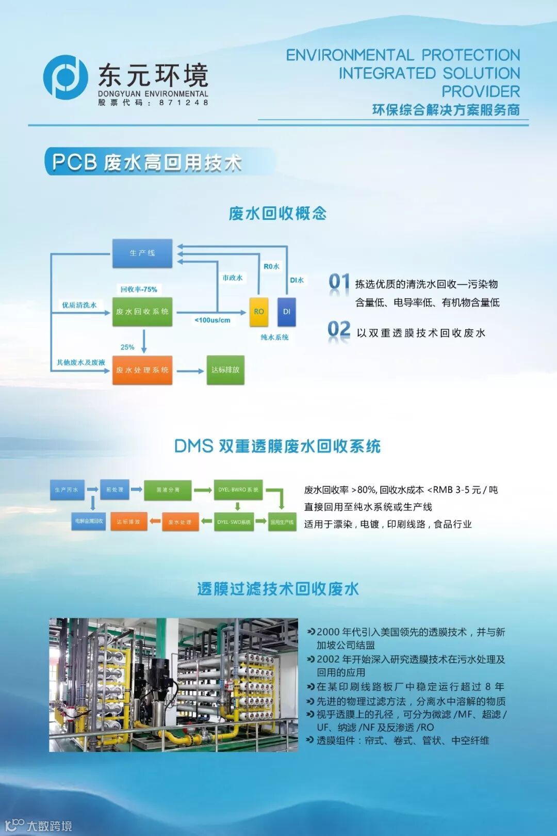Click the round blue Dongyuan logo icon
pyautogui.click(x=65, y=77)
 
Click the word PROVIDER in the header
pyautogui.click(x=480, y=91)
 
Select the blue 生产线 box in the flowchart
pyautogui.click(x=142, y=253)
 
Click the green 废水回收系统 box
pyautogui.click(x=142, y=312)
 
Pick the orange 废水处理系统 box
pyautogui.click(x=142, y=370)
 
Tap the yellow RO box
pyautogui.click(x=259, y=312)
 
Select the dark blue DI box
pyautogui.click(x=287, y=312)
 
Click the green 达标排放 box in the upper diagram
pyautogui.click(x=225, y=370)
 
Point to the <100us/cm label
pyautogui.click(x=212, y=320)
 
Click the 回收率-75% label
pyautogui.click(x=139, y=290)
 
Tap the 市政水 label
pyautogui.click(x=233, y=278)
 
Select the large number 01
pyautogui.click(x=339, y=282)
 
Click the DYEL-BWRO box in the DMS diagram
pyautogui.click(x=238, y=490)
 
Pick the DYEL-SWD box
pyautogui.click(x=234, y=522)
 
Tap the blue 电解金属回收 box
pyautogui.click(x=89, y=521)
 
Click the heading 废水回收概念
pyautogui.click(x=277, y=213)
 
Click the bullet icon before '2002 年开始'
pyautogui.click(x=310, y=659)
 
